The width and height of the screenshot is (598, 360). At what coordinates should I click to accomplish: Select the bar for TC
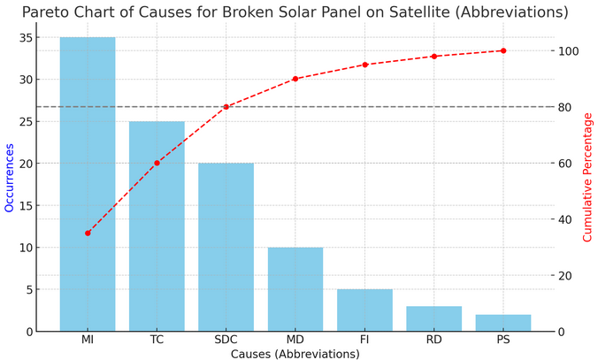tap(157, 226)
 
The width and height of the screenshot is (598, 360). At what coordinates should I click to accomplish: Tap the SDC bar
tap(226, 247)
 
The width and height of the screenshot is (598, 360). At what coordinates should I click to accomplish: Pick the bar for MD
tap(295, 289)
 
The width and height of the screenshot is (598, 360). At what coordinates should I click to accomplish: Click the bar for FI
tap(364, 310)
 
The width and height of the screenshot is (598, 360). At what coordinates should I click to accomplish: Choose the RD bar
tap(433, 318)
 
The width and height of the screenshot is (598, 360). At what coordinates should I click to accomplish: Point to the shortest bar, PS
tap(503, 323)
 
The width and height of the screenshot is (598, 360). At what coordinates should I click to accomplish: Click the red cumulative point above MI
tap(88, 234)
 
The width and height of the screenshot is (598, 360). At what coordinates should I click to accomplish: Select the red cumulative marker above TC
tap(157, 163)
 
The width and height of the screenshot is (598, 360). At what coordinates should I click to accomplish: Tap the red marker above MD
tap(295, 79)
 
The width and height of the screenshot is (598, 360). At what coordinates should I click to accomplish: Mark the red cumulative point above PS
tap(503, 50)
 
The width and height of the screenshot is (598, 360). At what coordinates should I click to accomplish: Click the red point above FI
tap(364, 65)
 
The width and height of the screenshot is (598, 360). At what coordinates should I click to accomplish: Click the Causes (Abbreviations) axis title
tap(295, 354)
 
